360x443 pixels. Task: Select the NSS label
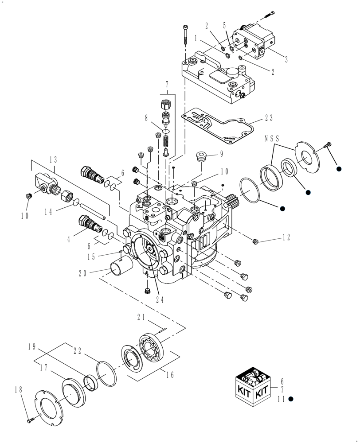pyautogui.click(x=271, y=138)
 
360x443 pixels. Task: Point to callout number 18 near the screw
pyautogui.click(x=18, y=390)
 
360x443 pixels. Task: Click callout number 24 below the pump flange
pyautogui.click(x=160, y=299)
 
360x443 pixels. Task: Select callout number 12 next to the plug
pyautogui.click(x=286, y=238)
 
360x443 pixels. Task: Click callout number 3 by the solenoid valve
pyautogui.click(x=286, y=59)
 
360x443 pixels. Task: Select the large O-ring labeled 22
pyautogui.click(x=106, y=372)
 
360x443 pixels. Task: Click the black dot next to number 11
pyautogui.click(x=291, y=399)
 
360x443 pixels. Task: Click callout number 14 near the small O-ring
pyautogui.click(x=48, y=212)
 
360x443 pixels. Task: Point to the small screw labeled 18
pyautogui.click(x=29, y=417)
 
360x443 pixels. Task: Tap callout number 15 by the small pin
pyautogui.click(x=91, y=256)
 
